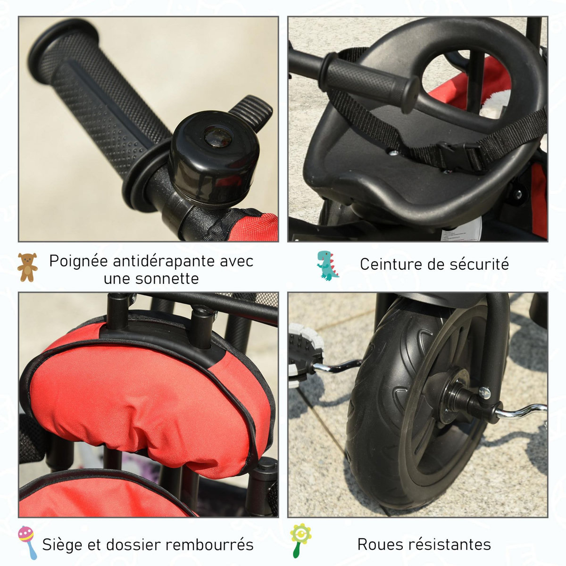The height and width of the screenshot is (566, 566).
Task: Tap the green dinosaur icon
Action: point(327,265)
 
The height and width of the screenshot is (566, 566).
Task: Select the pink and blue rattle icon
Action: point(27,542)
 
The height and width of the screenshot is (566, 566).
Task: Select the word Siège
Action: point(65,544)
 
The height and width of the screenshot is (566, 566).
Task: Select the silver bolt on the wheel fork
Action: point(484,392)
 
